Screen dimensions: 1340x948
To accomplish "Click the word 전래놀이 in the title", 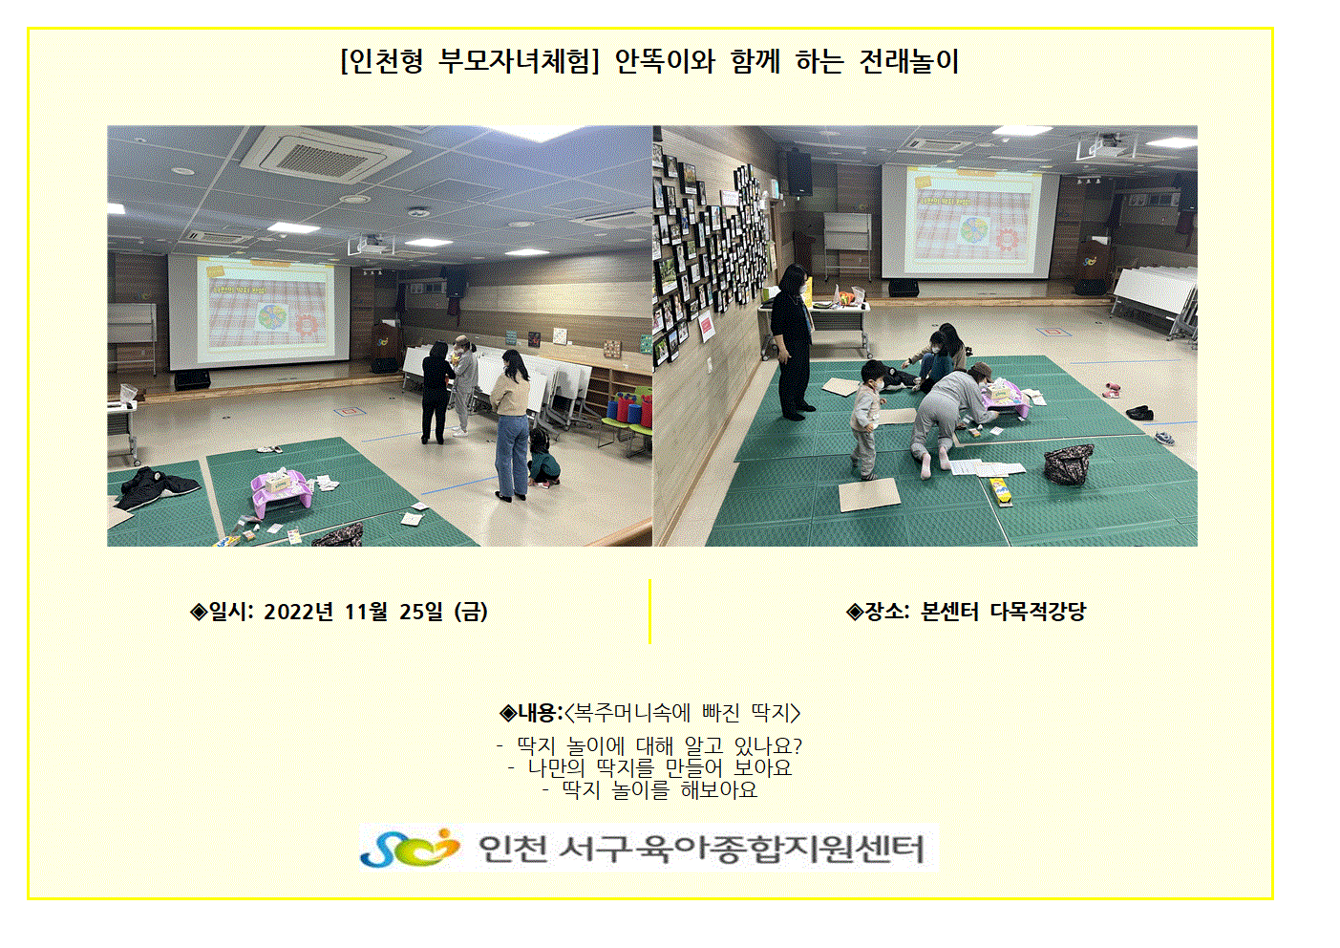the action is [908, 62].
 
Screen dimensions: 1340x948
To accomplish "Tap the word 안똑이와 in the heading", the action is [665, 62].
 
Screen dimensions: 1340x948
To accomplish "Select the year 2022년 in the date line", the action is [297, 612].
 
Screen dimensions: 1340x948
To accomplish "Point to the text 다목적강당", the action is [1038, 612].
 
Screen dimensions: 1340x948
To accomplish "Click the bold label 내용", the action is [537, 713].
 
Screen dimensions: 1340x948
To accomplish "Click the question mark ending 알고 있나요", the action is [797, 746].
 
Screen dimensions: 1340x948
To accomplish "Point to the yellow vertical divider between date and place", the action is [649, 611].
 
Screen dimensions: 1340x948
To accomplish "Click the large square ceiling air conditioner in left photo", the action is [326, 154].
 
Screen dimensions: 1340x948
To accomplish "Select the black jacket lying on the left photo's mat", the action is [158, 486].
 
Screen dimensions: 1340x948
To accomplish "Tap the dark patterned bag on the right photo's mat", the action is [1069, 464].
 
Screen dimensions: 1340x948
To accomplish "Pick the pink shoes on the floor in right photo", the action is [1112, 389].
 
